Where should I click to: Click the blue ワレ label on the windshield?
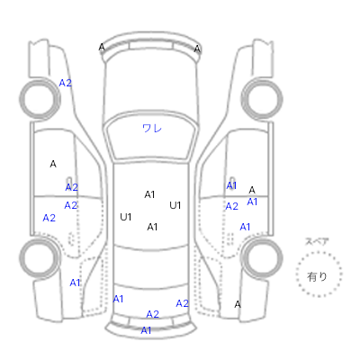tap(152, 129)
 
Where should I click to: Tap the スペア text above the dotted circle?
tap(317, 241)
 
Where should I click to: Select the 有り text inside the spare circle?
tap(317, 276)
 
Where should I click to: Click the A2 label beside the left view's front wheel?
tap(66, 83)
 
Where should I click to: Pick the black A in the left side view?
tap(53, 164)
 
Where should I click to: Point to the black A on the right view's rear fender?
tap(238, 304)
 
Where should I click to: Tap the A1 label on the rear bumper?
tap(146, 330)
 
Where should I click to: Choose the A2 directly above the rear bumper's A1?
tap(152, 314)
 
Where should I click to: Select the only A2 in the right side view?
tap(231, 206)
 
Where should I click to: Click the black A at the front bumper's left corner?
tap(102, 48)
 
